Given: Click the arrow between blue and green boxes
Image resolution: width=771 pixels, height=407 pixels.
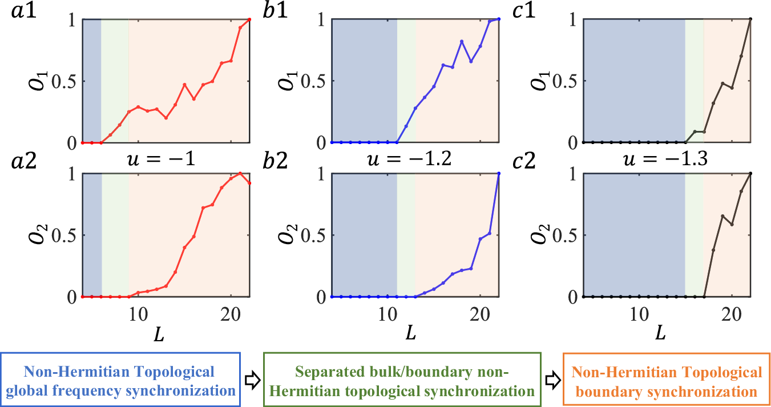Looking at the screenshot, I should click(x=253, y=380).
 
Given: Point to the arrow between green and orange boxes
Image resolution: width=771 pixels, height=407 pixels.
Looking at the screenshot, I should click(x=551, y=380).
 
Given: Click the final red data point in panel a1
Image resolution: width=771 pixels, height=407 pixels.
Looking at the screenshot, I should click(x=249, y=19).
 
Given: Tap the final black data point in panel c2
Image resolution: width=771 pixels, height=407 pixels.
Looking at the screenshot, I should click(x=750, y=173).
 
